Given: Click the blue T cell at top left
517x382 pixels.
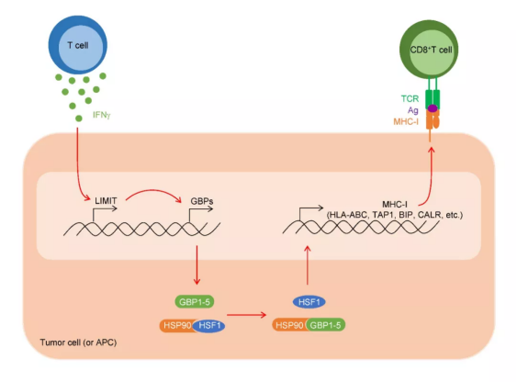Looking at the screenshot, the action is pos(78,45).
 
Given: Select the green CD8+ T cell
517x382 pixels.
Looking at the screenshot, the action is pos(429,50).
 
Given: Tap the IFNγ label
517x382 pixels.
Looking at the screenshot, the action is pos(102,115).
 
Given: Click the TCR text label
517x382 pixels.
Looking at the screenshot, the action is pos(410,98).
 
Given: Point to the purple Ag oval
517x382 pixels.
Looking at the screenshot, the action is pos(433,108).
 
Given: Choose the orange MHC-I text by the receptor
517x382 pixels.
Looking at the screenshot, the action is pos(406,122).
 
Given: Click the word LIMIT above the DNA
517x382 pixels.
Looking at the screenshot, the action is pos(106,200).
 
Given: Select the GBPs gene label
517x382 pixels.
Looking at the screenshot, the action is pos(202,201).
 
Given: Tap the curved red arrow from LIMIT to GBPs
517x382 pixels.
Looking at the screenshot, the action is pos(153,190).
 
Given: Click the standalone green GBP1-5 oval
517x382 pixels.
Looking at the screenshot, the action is pos(194,302).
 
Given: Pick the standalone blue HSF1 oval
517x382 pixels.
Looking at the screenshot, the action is pos(309,302).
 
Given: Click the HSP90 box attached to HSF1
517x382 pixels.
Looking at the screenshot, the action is pos(176,326).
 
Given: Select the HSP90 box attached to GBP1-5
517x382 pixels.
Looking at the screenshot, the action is pos(289,325).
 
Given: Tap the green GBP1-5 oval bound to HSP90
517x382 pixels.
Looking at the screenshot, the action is pos(325,325).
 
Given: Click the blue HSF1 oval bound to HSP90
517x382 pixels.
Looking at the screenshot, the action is pos(209,326).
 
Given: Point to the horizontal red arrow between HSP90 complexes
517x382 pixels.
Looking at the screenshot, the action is pos(247,315).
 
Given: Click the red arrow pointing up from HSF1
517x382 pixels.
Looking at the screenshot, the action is pos(308,265).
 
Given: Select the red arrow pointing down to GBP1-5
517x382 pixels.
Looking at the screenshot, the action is pos(197,265).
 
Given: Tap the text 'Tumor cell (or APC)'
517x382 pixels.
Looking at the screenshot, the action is pos(78,343).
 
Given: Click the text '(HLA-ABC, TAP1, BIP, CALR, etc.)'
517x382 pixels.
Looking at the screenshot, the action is pos(395,215).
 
